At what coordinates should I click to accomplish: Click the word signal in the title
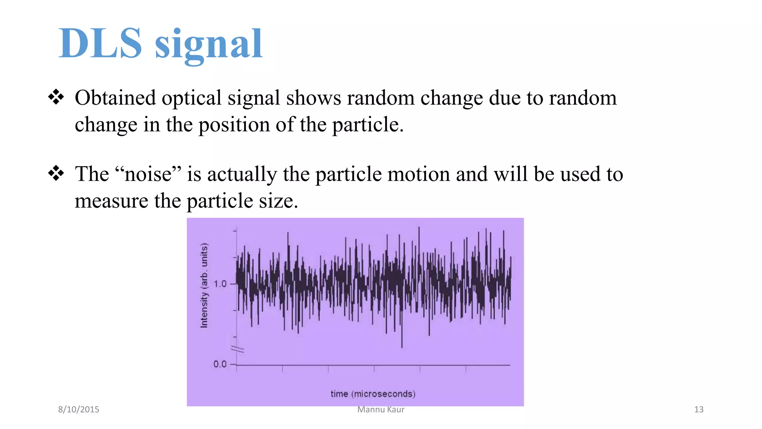209,45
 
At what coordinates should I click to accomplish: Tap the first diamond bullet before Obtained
56,97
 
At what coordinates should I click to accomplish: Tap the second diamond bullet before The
56,174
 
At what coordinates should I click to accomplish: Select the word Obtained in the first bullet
115,98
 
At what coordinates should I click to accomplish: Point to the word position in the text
234,125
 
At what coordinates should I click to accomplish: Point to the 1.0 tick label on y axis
220,284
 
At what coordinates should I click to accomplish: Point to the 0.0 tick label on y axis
220,364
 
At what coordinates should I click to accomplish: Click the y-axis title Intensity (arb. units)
204,286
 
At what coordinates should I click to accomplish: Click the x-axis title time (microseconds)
373,394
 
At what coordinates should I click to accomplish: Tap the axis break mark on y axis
237,349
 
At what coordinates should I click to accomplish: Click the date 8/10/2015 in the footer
79,409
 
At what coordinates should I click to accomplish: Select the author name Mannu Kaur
381,409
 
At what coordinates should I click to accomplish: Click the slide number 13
698,409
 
